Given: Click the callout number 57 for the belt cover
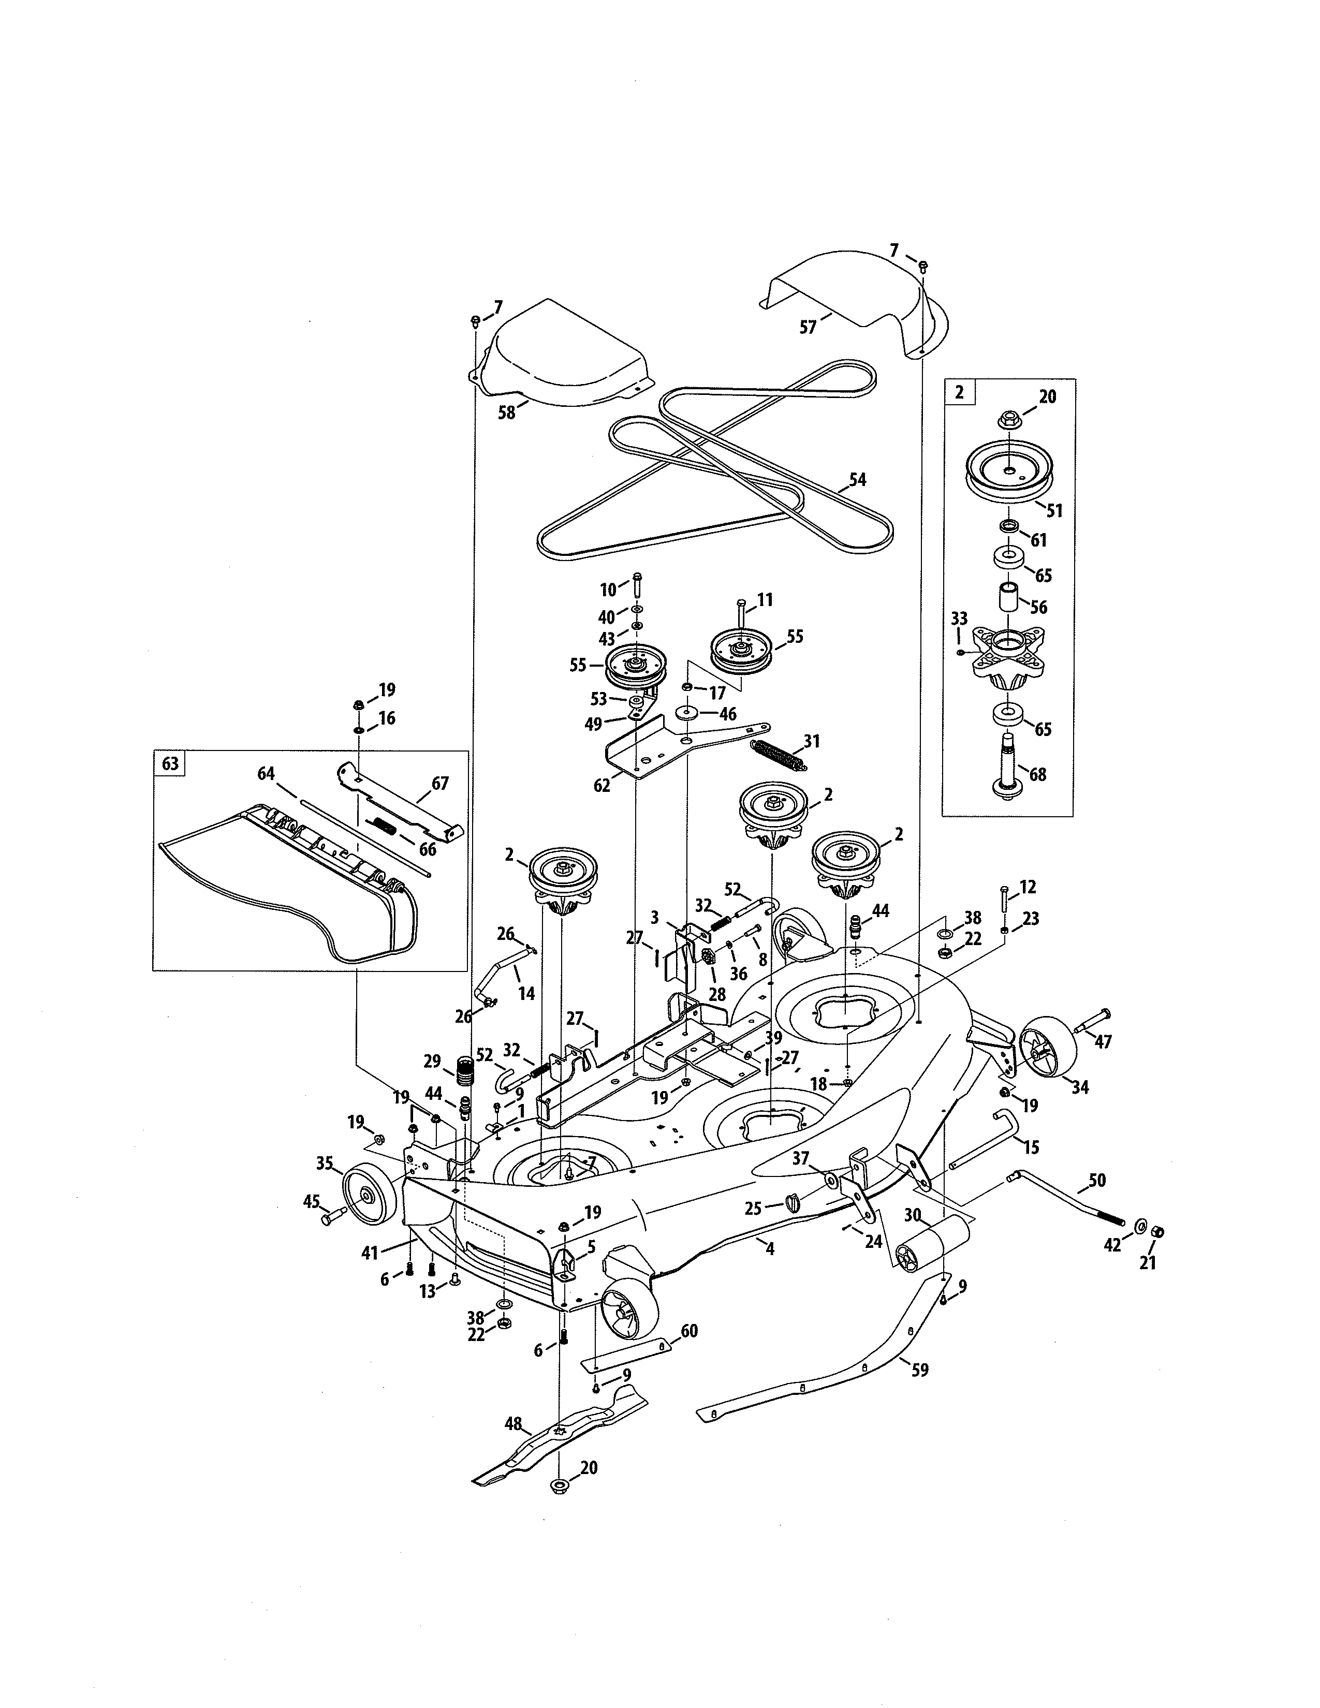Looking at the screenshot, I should (808, 328).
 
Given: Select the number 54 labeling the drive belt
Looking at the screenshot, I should (858, 479).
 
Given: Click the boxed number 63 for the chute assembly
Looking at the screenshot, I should (170, 763).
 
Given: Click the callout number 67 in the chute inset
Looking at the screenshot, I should (441, 783).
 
